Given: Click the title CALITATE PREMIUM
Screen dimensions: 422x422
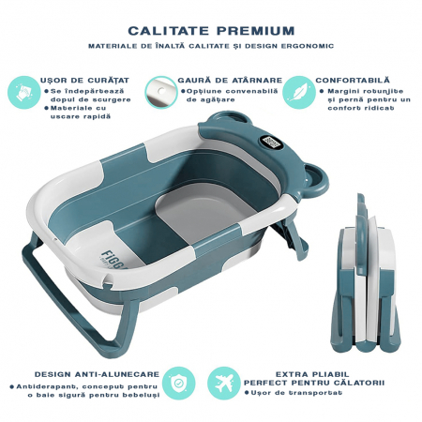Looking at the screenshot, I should pos(210,29).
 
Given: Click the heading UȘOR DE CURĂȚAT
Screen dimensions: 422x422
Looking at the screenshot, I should pos(79,81).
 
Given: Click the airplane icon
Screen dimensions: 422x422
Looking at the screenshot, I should pos(222,383).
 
